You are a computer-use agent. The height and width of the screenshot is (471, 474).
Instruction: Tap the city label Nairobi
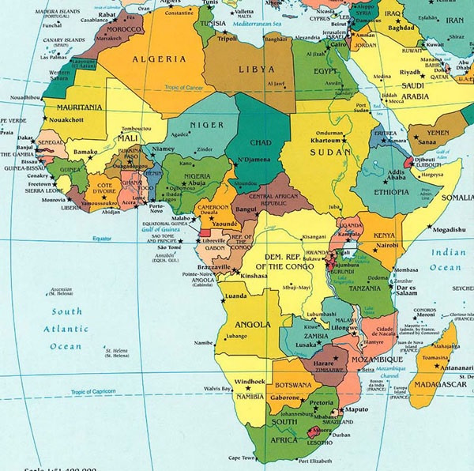tap(389, 246)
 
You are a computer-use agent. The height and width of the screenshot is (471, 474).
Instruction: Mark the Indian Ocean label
tap(445, 261)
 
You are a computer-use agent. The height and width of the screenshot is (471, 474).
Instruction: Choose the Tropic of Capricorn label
tap(100, 392)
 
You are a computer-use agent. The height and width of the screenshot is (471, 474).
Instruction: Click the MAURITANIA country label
tap(77, 107)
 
